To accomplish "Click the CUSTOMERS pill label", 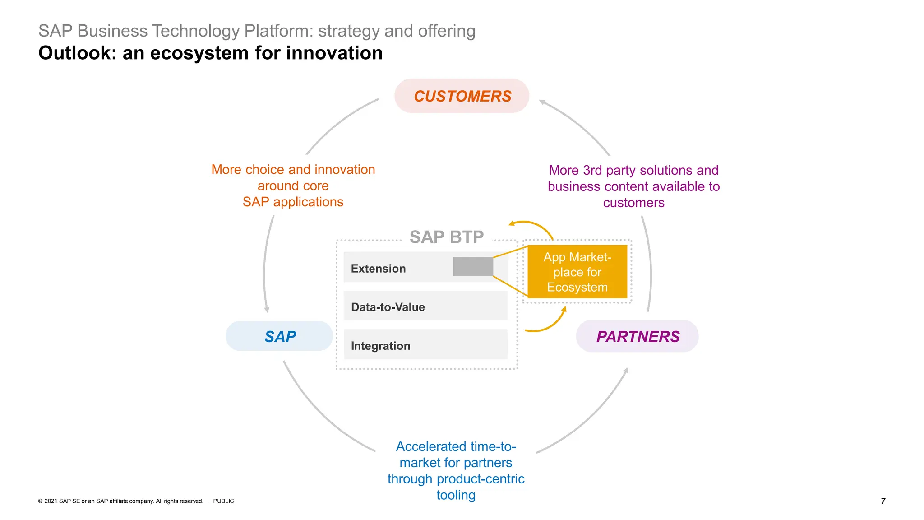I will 462,96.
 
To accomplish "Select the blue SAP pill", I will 280,336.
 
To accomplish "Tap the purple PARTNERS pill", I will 637,336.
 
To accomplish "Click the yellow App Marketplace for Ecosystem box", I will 577,272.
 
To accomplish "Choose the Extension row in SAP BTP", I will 397,268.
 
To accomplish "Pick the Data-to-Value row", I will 425,306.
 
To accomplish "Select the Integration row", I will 425,345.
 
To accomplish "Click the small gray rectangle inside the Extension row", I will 472,267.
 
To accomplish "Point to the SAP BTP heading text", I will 446,237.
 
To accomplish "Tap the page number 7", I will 883,501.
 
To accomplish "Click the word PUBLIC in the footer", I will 223,501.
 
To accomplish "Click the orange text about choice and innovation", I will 293,186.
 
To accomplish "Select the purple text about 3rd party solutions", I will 633,186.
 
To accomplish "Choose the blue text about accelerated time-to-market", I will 456,470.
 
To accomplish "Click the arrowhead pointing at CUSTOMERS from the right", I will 542,102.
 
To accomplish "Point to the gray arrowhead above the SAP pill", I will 267,310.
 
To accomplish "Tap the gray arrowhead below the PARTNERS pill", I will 626,371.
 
